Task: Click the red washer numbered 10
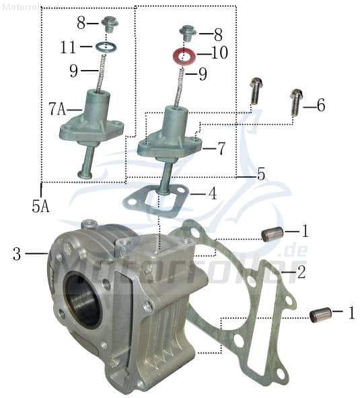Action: [x=186, y=55]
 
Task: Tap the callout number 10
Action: [x=220, y=52]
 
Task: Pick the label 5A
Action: [x=40, y=207]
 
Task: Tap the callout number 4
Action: [x=212, y=194]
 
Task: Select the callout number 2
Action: [x=301, y=273]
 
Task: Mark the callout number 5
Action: [x=261, y=174]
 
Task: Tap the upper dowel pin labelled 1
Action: [x=271, y=234]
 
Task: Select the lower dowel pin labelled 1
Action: [x=320, y=314]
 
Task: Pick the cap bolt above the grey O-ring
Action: [x=108, y=26]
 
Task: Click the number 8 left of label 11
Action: [x=81, y=23]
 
